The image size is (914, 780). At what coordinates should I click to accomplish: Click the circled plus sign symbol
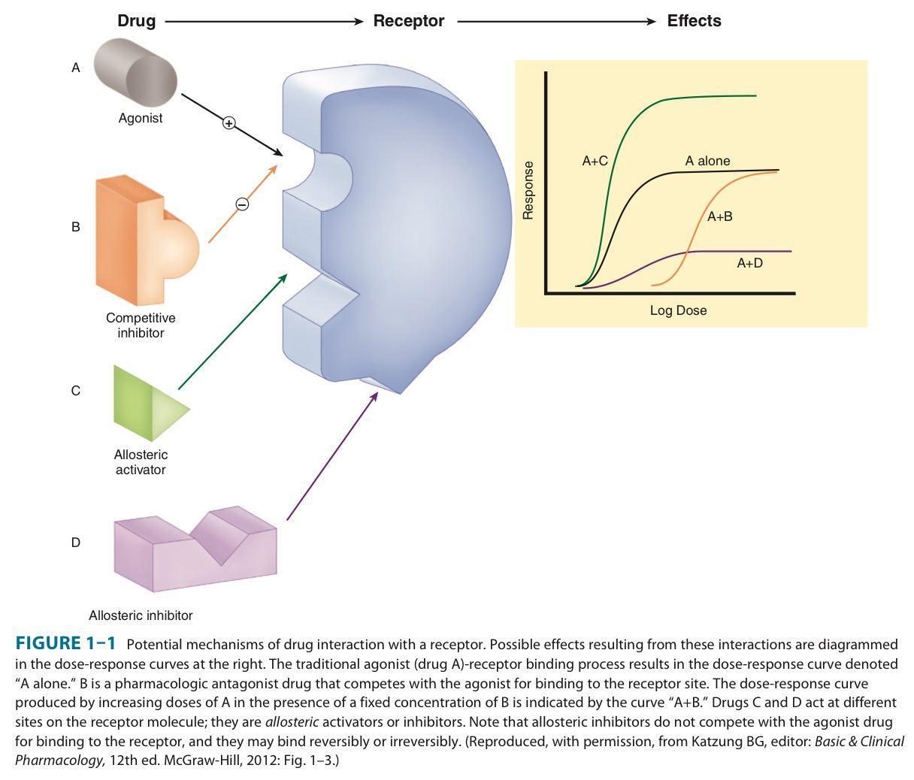[x=229, y=122]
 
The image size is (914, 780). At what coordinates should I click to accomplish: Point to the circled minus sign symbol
[x=242, y=204]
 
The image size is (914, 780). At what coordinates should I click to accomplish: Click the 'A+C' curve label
[x=595, y=160]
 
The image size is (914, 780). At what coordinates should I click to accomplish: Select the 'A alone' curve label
[x=707, y=161]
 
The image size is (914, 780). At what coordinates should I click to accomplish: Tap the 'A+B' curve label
[x=719, y=216]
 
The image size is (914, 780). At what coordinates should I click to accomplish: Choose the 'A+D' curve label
[x=749, y=263]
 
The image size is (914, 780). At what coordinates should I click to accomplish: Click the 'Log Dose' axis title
[x=678, y=310]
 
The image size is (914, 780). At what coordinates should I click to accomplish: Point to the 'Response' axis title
[x=528, y=190]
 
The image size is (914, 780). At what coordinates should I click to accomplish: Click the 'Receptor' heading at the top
[x=408, y=21]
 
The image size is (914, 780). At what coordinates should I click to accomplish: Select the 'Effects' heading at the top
[x=694, y=21]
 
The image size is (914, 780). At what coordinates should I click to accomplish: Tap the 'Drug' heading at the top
[x=136, y=21]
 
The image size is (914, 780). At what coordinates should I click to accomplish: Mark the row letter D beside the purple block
[x=75, y=542]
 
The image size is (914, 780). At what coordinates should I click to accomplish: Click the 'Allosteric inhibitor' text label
[x=141, y=615]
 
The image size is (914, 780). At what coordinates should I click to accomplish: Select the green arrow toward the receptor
[x=233, y=331]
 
